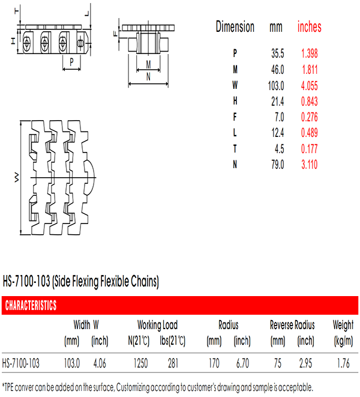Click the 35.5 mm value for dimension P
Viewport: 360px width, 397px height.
coord(278,53)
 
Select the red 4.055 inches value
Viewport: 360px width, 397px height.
coord(309,86)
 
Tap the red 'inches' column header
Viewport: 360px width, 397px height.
coord(309,27)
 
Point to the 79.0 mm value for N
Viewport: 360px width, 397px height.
coord(278,165)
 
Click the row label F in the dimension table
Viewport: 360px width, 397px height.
coord(235,117)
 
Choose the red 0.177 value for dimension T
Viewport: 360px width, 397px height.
coord(309,149)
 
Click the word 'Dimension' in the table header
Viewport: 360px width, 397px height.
coord(235,27)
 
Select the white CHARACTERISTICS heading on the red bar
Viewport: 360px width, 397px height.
coord(31,305)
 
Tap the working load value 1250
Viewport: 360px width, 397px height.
coord(140,363)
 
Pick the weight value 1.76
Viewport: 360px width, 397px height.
coord(343,363)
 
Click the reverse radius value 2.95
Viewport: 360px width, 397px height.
coord(305,363)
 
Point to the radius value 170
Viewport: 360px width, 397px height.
coord(214,363)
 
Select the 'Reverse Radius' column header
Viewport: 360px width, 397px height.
coord(292,325)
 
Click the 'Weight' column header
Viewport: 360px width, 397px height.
coord(343,326)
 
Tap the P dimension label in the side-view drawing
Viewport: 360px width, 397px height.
coord(71,62)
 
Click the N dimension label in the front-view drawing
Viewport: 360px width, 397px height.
coord(148,76)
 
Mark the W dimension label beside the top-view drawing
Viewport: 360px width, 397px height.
coord(16,178)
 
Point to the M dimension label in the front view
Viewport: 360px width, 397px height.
coord(148,65)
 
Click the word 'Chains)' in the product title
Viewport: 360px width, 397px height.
coord(145,282)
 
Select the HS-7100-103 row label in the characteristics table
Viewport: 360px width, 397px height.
coord(21,363)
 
